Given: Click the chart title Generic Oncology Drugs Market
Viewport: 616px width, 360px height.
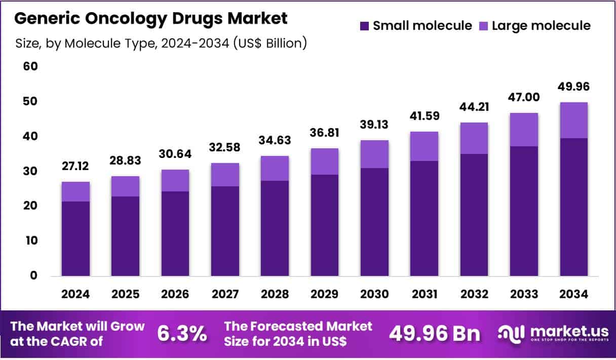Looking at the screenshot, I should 151,19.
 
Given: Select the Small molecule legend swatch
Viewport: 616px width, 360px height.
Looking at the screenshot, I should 364,26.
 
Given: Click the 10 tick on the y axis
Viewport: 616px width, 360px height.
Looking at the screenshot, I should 31,241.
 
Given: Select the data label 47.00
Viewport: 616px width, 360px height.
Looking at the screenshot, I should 524,97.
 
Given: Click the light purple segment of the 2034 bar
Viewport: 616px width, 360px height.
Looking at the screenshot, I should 573,120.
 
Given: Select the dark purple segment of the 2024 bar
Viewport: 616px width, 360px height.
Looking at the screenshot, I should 75,238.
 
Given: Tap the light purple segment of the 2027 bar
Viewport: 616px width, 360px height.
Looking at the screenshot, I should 225,174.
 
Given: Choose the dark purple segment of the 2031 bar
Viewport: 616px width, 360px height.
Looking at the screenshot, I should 424,218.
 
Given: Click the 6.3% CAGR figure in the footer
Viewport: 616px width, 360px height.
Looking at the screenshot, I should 182,334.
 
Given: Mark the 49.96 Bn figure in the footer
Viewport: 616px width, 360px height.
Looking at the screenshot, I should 434,334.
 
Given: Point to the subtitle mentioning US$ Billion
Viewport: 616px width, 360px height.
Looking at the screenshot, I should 161,44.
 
